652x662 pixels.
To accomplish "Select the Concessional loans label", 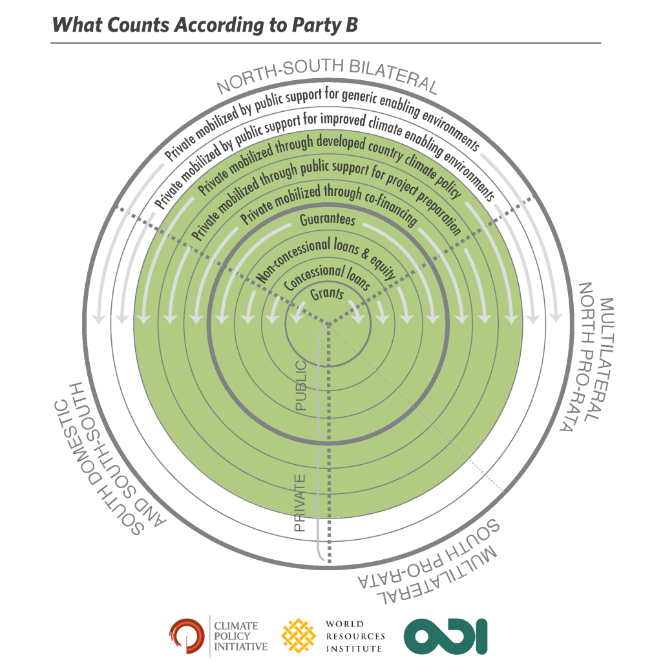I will tap(327, 277).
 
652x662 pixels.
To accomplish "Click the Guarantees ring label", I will tap(328, 220).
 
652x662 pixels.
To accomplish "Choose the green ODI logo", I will tap(446, 635).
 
